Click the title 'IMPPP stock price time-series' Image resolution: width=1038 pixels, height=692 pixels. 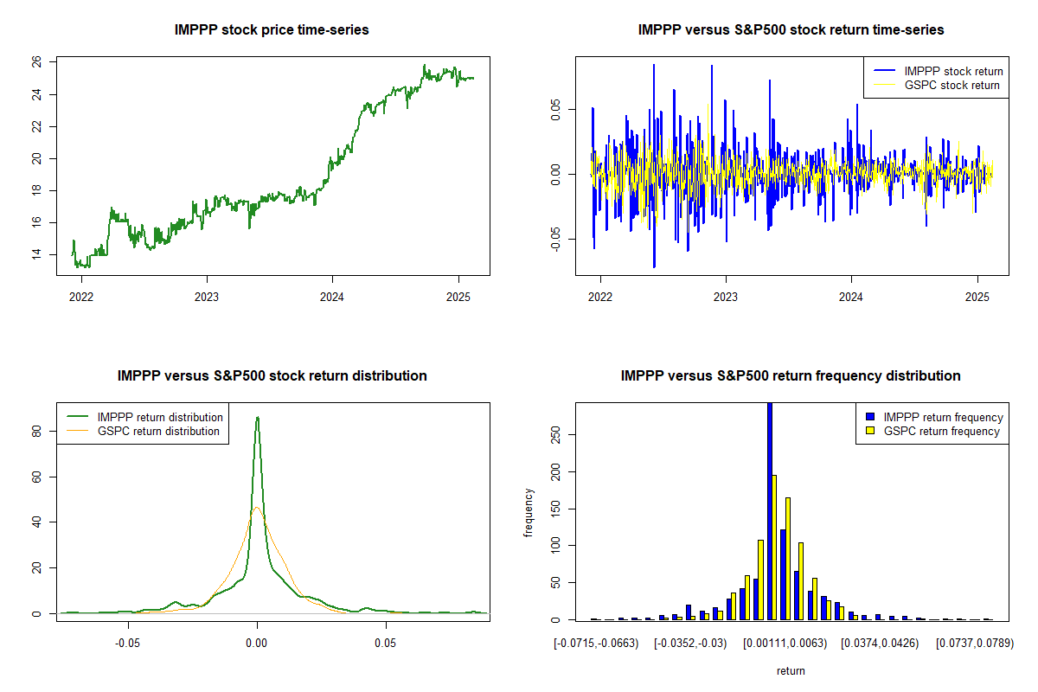tap(272, 30)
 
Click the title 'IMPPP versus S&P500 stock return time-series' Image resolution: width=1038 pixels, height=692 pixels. tap(791, 30)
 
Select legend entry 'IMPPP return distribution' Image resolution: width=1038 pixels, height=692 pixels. tap(160, 417)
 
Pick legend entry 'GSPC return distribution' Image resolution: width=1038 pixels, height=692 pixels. tap(158, 431)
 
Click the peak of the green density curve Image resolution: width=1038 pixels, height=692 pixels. tap(257, 418)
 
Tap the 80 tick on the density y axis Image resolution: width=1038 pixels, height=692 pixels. tap(36, 431)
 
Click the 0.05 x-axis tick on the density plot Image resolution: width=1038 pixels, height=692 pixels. tap(386, 644)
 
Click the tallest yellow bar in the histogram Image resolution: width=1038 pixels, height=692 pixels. tap(774, 547)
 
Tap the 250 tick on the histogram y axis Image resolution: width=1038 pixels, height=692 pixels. tap(555, 438)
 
